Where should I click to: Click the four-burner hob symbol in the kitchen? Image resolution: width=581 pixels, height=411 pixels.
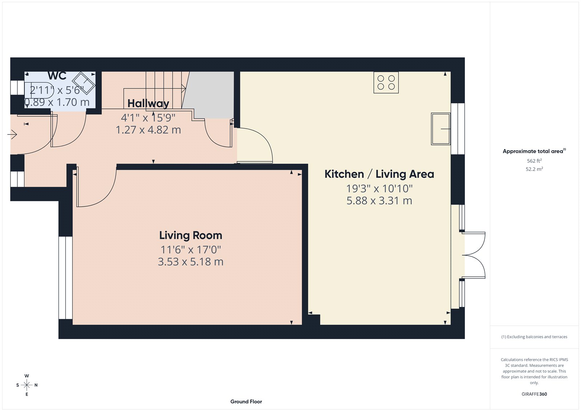(386, 82)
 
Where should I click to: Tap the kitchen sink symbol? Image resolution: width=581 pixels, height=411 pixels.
(440, 129)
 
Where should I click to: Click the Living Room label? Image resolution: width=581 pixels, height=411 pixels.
(191, 235)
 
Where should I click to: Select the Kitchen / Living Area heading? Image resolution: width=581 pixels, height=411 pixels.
(379, 174)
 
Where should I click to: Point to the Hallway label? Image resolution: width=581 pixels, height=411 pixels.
(148, 104)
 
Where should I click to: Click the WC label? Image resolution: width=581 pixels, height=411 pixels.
(57, 76)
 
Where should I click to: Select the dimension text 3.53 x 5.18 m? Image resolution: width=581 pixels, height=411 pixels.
(191, 262)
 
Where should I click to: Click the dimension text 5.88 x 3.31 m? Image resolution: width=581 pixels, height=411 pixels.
(379, 201)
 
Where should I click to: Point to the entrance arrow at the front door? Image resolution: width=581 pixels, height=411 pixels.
(12, 135)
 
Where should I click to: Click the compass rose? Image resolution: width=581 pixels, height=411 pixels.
(27, 385)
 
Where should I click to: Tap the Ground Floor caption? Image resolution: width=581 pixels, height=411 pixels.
(246, 402)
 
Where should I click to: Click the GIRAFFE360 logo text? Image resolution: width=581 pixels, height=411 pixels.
(534, 394)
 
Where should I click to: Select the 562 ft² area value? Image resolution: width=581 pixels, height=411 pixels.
(534, 161)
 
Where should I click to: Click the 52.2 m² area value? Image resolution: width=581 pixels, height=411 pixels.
(534, 169)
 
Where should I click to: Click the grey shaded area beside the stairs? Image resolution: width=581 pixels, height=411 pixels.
(211, 94)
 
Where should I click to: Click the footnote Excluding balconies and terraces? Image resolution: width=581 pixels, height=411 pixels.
(534, 337)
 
